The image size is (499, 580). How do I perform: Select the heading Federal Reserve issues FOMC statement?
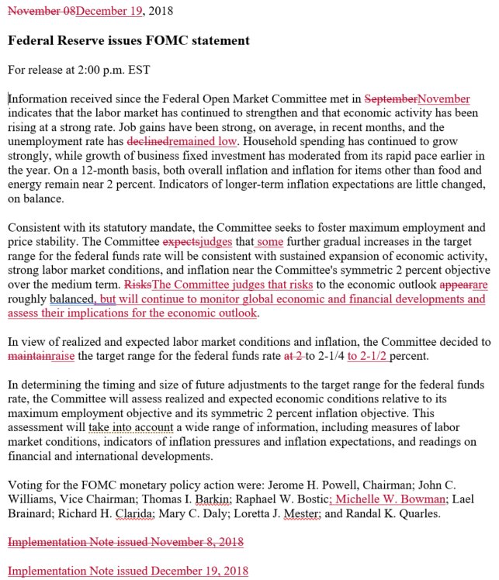pyautogui.click(x=128, y=40)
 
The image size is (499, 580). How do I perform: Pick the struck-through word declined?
pyautogui.click(x=147, y=141)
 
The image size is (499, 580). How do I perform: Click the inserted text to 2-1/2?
pyautogui.click(x=369, y=356)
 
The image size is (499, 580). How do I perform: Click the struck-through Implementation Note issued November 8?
pyautogui.click(x=126, y=541)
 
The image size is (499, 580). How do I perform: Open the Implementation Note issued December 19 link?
pyautogui.click(x=128, y=571)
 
